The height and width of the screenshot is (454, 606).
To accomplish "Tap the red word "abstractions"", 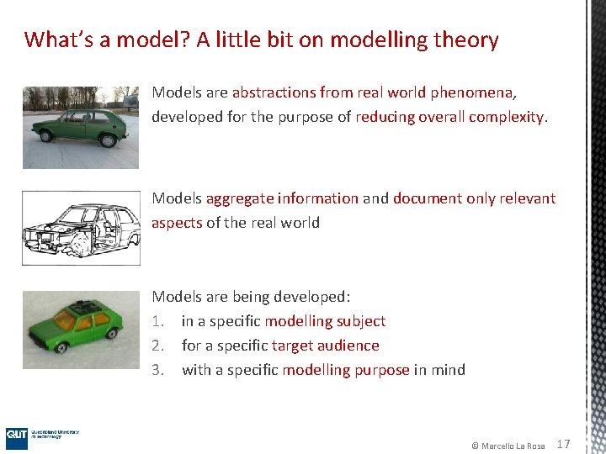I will (x=274, y=92).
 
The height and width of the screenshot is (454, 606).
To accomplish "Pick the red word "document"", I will (x=426, y=198).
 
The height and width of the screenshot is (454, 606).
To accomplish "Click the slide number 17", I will (x=564, y=444).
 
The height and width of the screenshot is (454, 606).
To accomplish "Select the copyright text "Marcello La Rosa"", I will (x=513, y=445).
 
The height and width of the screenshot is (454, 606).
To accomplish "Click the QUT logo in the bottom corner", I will (x=17, y=435).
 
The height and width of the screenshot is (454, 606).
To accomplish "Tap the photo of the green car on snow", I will (x=80, y=126).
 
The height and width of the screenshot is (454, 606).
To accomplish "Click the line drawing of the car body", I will (x=80, y=227).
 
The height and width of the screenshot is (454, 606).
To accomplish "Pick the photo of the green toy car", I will (x=80, y=330).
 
